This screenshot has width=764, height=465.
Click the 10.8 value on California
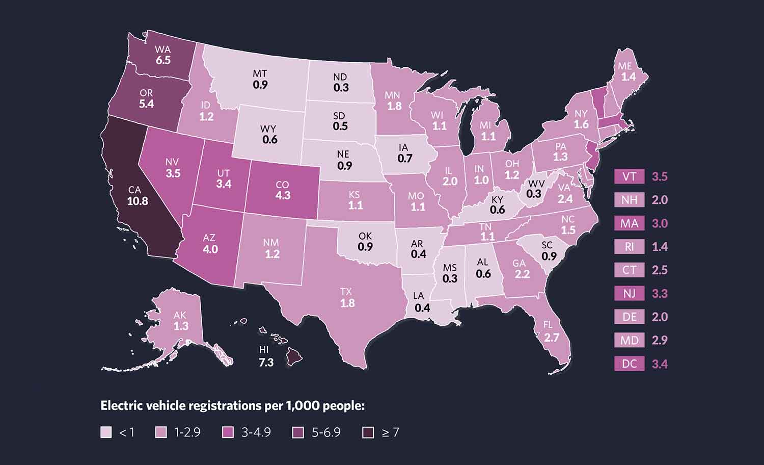point(138,201)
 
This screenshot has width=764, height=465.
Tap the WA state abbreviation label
point(162,50)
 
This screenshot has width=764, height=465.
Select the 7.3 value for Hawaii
point(266,363)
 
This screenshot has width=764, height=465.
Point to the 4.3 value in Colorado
point(283,195)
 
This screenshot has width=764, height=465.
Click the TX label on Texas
point(346,292)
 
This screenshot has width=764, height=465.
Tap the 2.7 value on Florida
point(552,338)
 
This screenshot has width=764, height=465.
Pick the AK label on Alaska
point(180,316)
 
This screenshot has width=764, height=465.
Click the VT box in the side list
point(629,177)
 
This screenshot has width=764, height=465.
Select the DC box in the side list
point(629,364)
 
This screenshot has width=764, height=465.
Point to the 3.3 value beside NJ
point(660,294)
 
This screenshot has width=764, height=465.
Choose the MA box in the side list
point(629,224)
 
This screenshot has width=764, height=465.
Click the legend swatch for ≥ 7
point(368,433)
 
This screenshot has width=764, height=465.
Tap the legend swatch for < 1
point(105,433)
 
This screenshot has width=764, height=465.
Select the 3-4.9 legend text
point(256,433)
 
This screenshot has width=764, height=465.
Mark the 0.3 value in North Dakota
point(341,88)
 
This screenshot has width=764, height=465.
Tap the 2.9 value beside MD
point(660,341)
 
